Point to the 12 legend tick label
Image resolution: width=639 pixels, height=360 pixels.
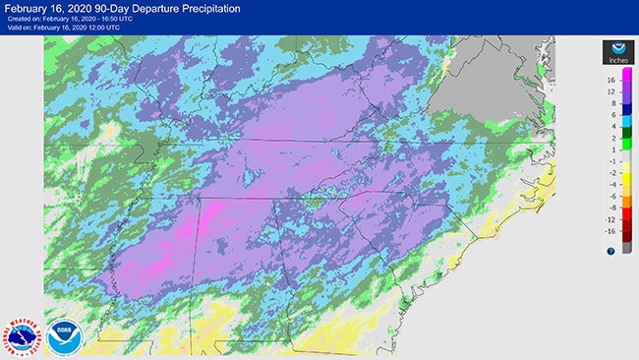pos(610,92)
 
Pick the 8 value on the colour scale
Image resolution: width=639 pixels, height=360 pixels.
pos(611,103)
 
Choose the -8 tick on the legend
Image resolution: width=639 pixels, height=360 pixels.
pos(611,208)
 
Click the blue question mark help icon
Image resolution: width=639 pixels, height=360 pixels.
pos(610,251)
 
